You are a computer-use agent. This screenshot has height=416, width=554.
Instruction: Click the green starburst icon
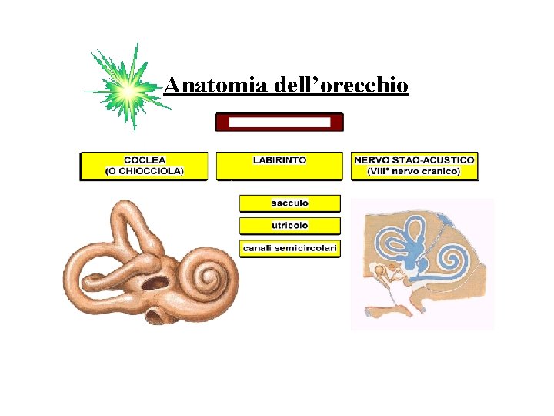pos(128,89)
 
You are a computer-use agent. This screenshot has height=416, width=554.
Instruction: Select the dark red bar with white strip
pos(279,122)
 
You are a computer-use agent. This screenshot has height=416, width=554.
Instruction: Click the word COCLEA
pos(145,160)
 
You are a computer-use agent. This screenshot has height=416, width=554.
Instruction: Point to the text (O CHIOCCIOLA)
pos(145,171)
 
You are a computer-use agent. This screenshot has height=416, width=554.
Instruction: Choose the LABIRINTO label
pos(279,160)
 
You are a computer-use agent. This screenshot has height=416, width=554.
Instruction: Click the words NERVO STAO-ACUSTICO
pos(415,160)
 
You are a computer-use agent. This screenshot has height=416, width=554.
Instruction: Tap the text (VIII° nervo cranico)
pos(415,171)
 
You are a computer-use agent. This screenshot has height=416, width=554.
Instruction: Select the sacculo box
pos(289,203)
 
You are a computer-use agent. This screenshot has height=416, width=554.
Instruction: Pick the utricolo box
pos(289,226)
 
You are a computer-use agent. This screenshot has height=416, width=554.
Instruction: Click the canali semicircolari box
pos(289,248)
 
